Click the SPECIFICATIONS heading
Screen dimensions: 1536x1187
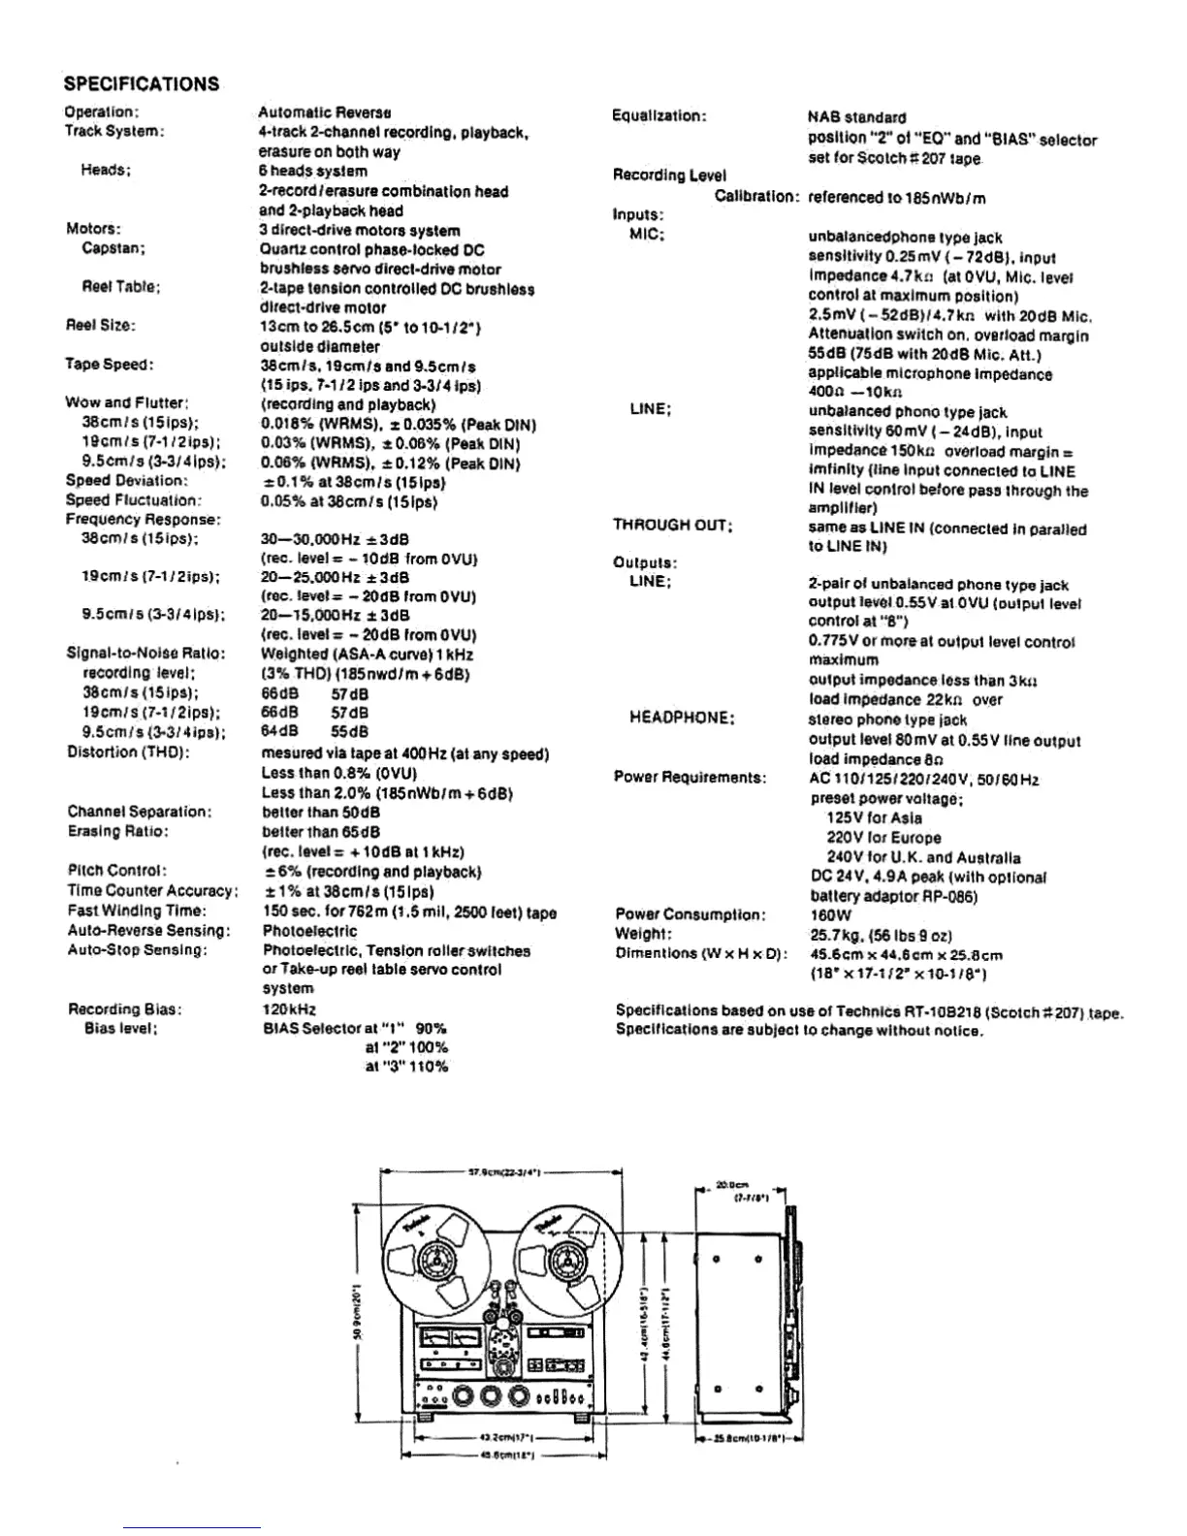tap(142, 83)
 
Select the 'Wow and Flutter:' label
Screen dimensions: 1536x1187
tap(127, 402)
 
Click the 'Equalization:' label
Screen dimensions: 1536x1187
tap(659, 116)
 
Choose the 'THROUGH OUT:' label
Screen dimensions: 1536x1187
tap(672, 526)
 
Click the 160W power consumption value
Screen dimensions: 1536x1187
tap(829, 914)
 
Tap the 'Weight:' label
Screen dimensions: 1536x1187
tap(643, 934)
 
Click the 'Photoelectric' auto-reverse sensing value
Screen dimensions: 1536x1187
tap(310, 931)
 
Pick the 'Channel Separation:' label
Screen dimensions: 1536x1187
tap(140, 812)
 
